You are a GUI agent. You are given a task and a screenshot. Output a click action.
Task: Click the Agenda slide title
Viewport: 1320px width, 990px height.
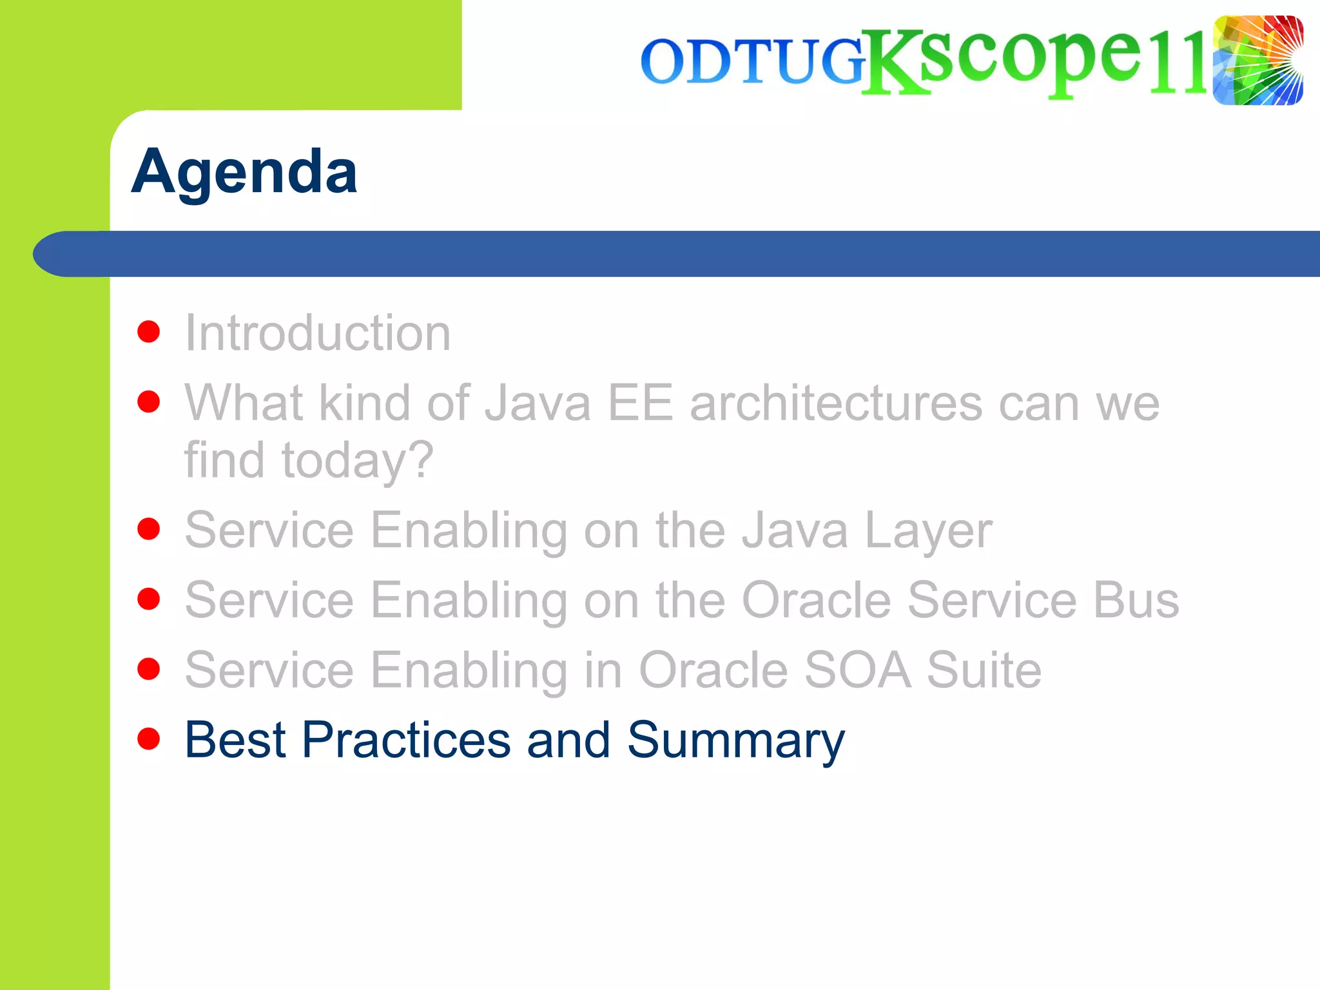(244, 171)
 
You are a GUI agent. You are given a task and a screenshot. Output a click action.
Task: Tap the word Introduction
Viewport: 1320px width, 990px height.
(318, 333)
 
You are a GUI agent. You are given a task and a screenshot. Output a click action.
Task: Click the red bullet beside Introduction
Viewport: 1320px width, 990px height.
(149, 332)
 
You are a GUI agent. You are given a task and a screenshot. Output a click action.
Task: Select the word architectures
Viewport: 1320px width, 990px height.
(835, 403)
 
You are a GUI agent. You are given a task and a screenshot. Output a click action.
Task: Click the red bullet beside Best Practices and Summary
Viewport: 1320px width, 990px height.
(149, 739)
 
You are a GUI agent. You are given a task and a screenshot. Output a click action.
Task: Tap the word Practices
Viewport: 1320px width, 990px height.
(406, 740)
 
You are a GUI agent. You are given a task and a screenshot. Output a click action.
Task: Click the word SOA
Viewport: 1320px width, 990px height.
(858, 670)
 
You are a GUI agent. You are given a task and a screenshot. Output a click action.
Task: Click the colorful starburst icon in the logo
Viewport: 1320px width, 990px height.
(1257, 61)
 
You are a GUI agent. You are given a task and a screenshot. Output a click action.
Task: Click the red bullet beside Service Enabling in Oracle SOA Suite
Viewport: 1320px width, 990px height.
(149, 669)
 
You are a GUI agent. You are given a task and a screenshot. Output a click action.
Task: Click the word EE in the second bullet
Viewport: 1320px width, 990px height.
(640, 403)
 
